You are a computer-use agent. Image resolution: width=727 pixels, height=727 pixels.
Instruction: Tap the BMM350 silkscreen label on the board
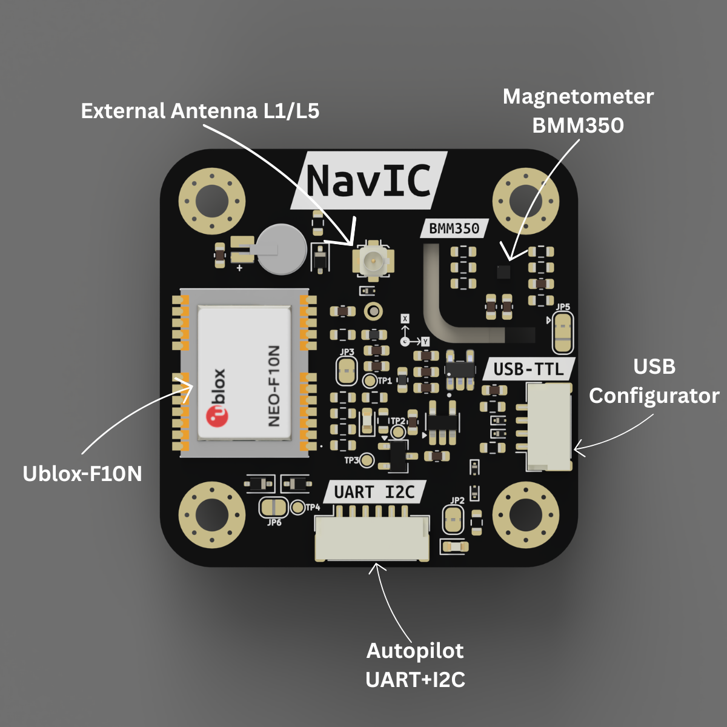(x=454, y=228)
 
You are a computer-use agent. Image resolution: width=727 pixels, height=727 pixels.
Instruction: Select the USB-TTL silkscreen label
(x=528, y=368)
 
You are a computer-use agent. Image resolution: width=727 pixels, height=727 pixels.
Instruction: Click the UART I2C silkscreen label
(x=374, y=492)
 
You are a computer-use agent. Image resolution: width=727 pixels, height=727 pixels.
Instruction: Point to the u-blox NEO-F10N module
(x=244, y=373)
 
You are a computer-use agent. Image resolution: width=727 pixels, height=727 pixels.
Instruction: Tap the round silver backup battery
(x=280, y=248)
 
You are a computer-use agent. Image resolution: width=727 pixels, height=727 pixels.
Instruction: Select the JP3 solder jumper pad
(x=347, y=370)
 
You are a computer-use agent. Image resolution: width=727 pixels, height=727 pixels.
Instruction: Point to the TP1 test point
(x=370, y=381)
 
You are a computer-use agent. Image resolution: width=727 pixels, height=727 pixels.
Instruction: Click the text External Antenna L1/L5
(x=200, y=111)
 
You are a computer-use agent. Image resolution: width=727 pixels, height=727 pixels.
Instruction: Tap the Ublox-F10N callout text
(x=82, y=473)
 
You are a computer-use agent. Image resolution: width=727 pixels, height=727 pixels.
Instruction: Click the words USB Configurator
(x=654, y=381)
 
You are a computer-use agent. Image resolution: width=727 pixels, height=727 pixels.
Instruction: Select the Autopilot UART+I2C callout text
(x=416, y=665)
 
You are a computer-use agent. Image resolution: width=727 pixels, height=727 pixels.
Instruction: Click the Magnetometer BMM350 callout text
(x=578, y=111)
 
